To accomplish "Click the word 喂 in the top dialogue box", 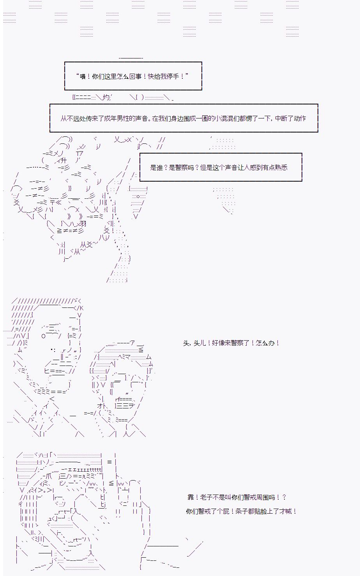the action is [83, 77].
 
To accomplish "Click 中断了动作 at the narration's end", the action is [291, 118].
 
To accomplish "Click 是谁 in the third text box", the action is [156, 168].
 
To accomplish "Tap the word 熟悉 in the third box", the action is [281, 168].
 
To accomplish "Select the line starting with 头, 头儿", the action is [231, 343].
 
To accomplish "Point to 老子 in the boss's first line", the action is [206, 497].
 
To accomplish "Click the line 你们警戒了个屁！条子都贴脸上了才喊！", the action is [241, 511].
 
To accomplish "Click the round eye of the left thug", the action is [44, 336].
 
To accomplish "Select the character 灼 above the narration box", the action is [106, 97].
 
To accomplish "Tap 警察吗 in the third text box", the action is [184, 168].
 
